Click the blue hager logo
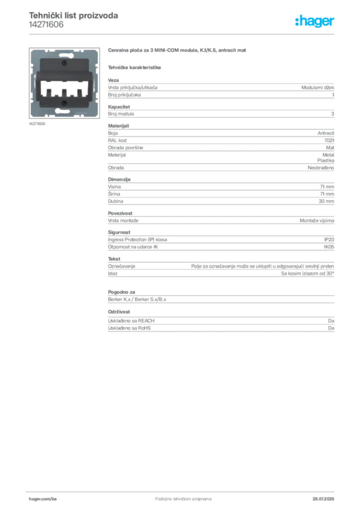pos(316,21)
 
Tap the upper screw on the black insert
pos(64,64)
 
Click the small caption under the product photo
pos(38,124)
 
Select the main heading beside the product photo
pos(177,51)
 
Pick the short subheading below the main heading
pos(135,67)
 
